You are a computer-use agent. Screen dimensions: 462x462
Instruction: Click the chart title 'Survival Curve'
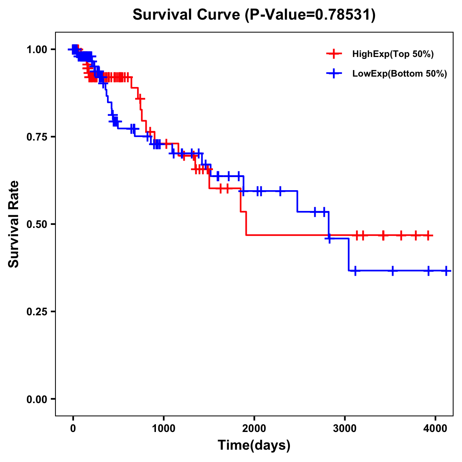pyautogui.click(x=187, y=15)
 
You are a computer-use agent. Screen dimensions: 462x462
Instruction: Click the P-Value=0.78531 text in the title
pyautogui.click(x=311, y=15)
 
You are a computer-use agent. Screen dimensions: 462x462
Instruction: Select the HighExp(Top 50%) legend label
pyautogui.click(x=393, y=54)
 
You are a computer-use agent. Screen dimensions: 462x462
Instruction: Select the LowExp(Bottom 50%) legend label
pyautogui.click(x=400, y=74)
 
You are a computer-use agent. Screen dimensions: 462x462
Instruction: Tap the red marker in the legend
pyautogui.click(x=334, y=54)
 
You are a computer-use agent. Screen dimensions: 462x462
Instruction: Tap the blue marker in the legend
pyautogui.click(x=334, y=74)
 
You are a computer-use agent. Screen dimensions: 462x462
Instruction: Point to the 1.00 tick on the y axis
pyautogui.click(x=37, y=49)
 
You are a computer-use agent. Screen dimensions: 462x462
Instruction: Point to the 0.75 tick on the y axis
pyautogui.click(x=37, y=137)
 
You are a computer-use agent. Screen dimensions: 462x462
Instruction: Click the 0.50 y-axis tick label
pyautogui.click(x=37, y=224)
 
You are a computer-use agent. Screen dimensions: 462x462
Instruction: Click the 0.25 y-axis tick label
pyautogui.click(x=37, y=311)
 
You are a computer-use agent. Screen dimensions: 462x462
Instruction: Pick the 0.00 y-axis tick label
pyautogui.click(x=37, y=399)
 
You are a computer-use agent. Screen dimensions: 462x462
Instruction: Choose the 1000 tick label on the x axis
pyautogui.click(x=164, y=428)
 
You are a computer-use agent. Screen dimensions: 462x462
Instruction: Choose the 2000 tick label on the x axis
pyautogui.click(x=254, y=428)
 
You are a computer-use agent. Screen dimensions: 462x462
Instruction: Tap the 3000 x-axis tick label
pyautogui.click(x=345, y=428)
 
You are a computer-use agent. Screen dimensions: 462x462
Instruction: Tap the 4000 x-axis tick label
pyautogui.click(x=435, y=428)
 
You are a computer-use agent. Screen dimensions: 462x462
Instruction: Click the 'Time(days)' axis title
pyautogui.click(x=254, y=445)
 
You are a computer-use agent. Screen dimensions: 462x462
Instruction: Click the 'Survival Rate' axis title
pyautogui.click(x=14, y=224)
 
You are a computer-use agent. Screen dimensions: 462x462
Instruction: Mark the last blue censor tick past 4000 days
pyautogui.click(x=446, y=271)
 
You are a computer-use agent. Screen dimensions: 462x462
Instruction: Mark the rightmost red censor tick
pyautogui.click(x=428, y=235)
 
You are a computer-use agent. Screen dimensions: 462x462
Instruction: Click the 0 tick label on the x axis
pyautogui.click(x=73, y=428)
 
